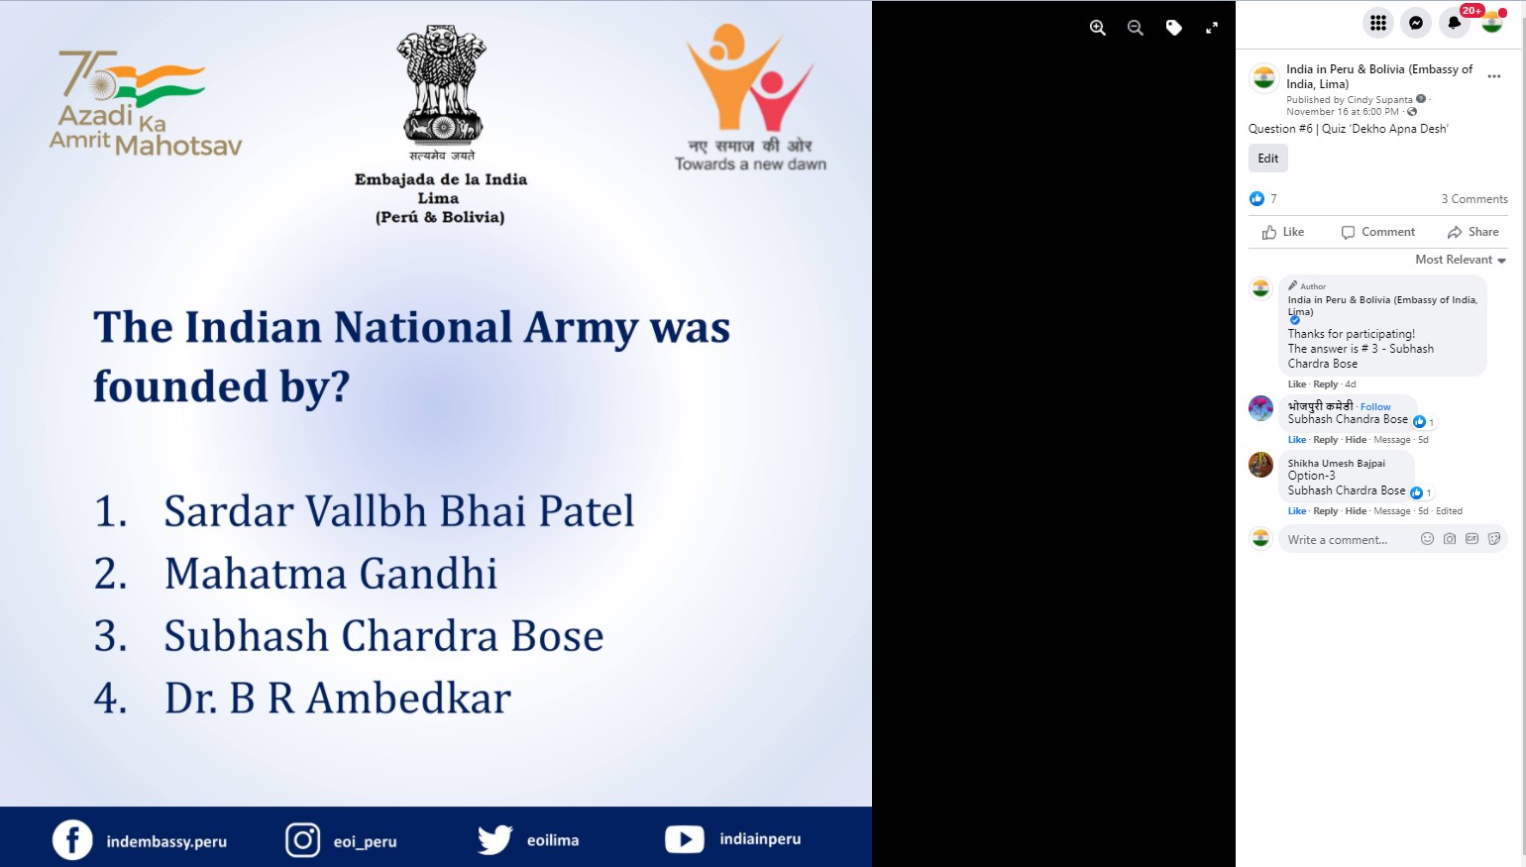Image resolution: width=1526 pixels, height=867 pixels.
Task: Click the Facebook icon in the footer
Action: (72, 840)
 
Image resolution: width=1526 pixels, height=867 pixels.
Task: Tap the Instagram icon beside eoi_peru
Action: (302, 840)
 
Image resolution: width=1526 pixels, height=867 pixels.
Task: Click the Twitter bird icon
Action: (495, 839)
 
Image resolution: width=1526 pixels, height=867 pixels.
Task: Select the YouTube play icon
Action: (684, 839)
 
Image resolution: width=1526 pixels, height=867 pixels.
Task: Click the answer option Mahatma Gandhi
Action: (330, 573)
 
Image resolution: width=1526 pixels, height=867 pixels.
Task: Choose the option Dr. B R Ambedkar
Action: (337, 699)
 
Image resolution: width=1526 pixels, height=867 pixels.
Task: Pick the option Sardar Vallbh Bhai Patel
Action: (398, 511)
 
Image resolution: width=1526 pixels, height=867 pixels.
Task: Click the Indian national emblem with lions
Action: (442, 84)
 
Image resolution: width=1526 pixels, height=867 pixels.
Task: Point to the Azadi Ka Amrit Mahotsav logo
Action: (145, 103)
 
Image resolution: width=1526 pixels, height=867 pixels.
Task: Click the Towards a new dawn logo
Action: (750, 97)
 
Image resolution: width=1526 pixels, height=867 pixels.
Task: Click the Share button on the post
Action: (1472, 232)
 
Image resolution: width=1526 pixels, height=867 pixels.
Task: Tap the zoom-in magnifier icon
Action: (1098, 27)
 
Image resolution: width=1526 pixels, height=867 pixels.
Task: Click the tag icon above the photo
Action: (1173, 27)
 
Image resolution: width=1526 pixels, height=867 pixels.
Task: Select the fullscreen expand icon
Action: (1211, 27)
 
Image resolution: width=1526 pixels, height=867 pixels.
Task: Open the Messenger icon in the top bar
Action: (1416, 23)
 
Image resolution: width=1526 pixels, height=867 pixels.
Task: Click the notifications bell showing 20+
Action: (1454, 23)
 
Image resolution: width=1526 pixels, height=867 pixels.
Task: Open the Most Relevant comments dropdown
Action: (1460, 260)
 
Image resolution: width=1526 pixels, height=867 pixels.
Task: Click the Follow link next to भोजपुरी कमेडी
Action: (1375, 406)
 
